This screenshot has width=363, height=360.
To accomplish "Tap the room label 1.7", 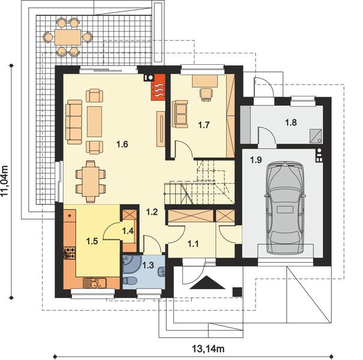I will click(203, 125).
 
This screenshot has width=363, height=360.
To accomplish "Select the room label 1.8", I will click(290, 122).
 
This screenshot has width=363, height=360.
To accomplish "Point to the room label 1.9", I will click(255, 160).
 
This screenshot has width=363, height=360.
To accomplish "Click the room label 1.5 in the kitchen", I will click(91, 241).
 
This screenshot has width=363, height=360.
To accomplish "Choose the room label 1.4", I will click(128, 230).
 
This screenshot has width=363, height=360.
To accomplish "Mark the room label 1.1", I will click(193, 243).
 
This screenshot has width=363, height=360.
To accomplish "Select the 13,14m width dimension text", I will click(205, 348).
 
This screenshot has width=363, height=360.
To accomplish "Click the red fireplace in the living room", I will click(157, 89).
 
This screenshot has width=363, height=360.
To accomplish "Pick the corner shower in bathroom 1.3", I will click(130, 264).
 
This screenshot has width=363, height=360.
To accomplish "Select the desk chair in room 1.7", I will click(206, 92).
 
